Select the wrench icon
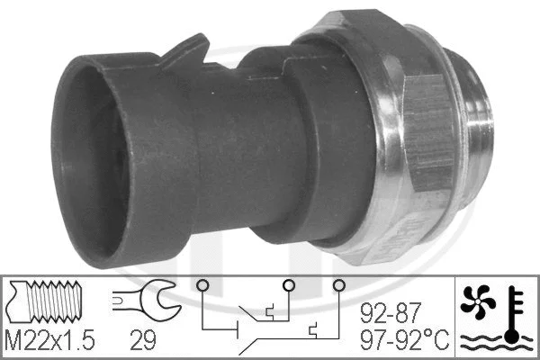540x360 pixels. point(145,304)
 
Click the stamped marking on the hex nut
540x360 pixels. point(424,225)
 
